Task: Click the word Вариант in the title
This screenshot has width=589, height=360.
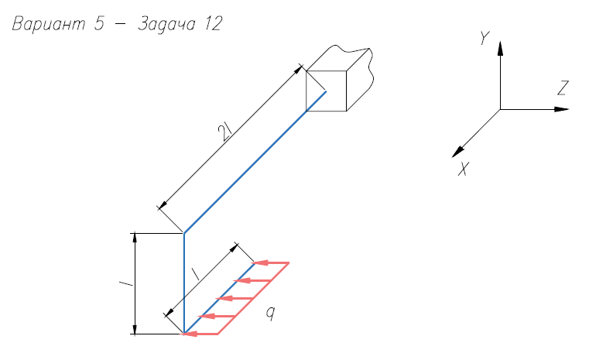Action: (49, 24)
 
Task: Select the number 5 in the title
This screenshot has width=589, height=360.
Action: (99, 23)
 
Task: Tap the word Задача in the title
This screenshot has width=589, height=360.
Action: (166, 25)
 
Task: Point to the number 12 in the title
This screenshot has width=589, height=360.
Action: (214, 24)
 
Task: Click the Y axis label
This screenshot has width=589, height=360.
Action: (485, 38)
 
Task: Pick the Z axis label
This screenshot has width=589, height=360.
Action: (563, 88)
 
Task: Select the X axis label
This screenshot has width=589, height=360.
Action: (464, 169)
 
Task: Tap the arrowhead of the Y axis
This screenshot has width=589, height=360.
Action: (500, 49)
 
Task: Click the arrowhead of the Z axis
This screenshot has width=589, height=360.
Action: (562, 109)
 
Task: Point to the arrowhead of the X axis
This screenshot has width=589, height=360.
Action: (457, 152)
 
